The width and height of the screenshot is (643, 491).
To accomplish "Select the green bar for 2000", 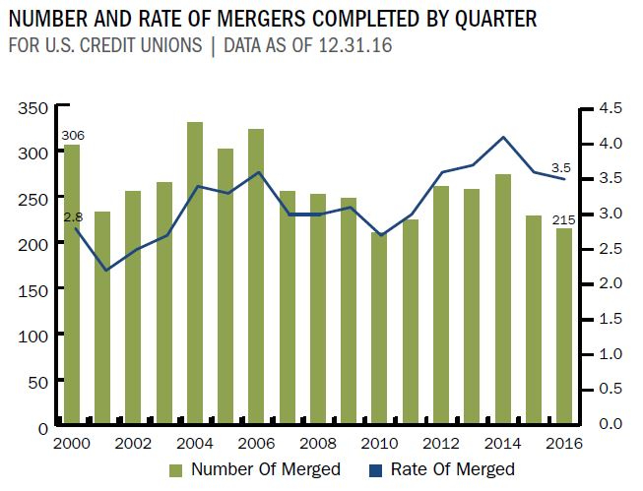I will (72, 284).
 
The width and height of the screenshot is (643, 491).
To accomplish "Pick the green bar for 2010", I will (379, 326).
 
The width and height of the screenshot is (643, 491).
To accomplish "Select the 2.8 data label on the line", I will (72, 215).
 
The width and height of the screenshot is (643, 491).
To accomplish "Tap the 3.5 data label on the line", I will (560, 167).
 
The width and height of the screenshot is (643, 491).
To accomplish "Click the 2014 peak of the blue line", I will (502, 137).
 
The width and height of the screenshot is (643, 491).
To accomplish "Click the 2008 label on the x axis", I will (317, 444).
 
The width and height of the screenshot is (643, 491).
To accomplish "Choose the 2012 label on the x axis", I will (440, 444).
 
